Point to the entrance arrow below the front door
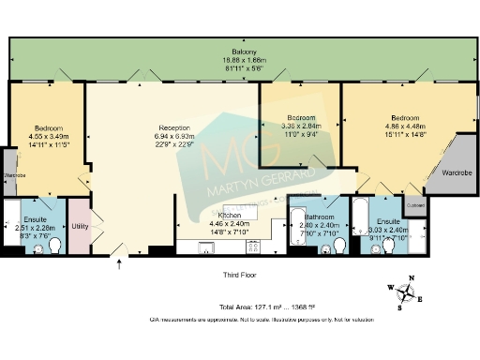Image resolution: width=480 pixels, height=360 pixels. click(x=119, y=265)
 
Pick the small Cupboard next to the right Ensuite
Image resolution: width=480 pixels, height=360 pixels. click(x=414, y=204)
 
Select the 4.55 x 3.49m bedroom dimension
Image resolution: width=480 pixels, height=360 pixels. click(x=49, y=137)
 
